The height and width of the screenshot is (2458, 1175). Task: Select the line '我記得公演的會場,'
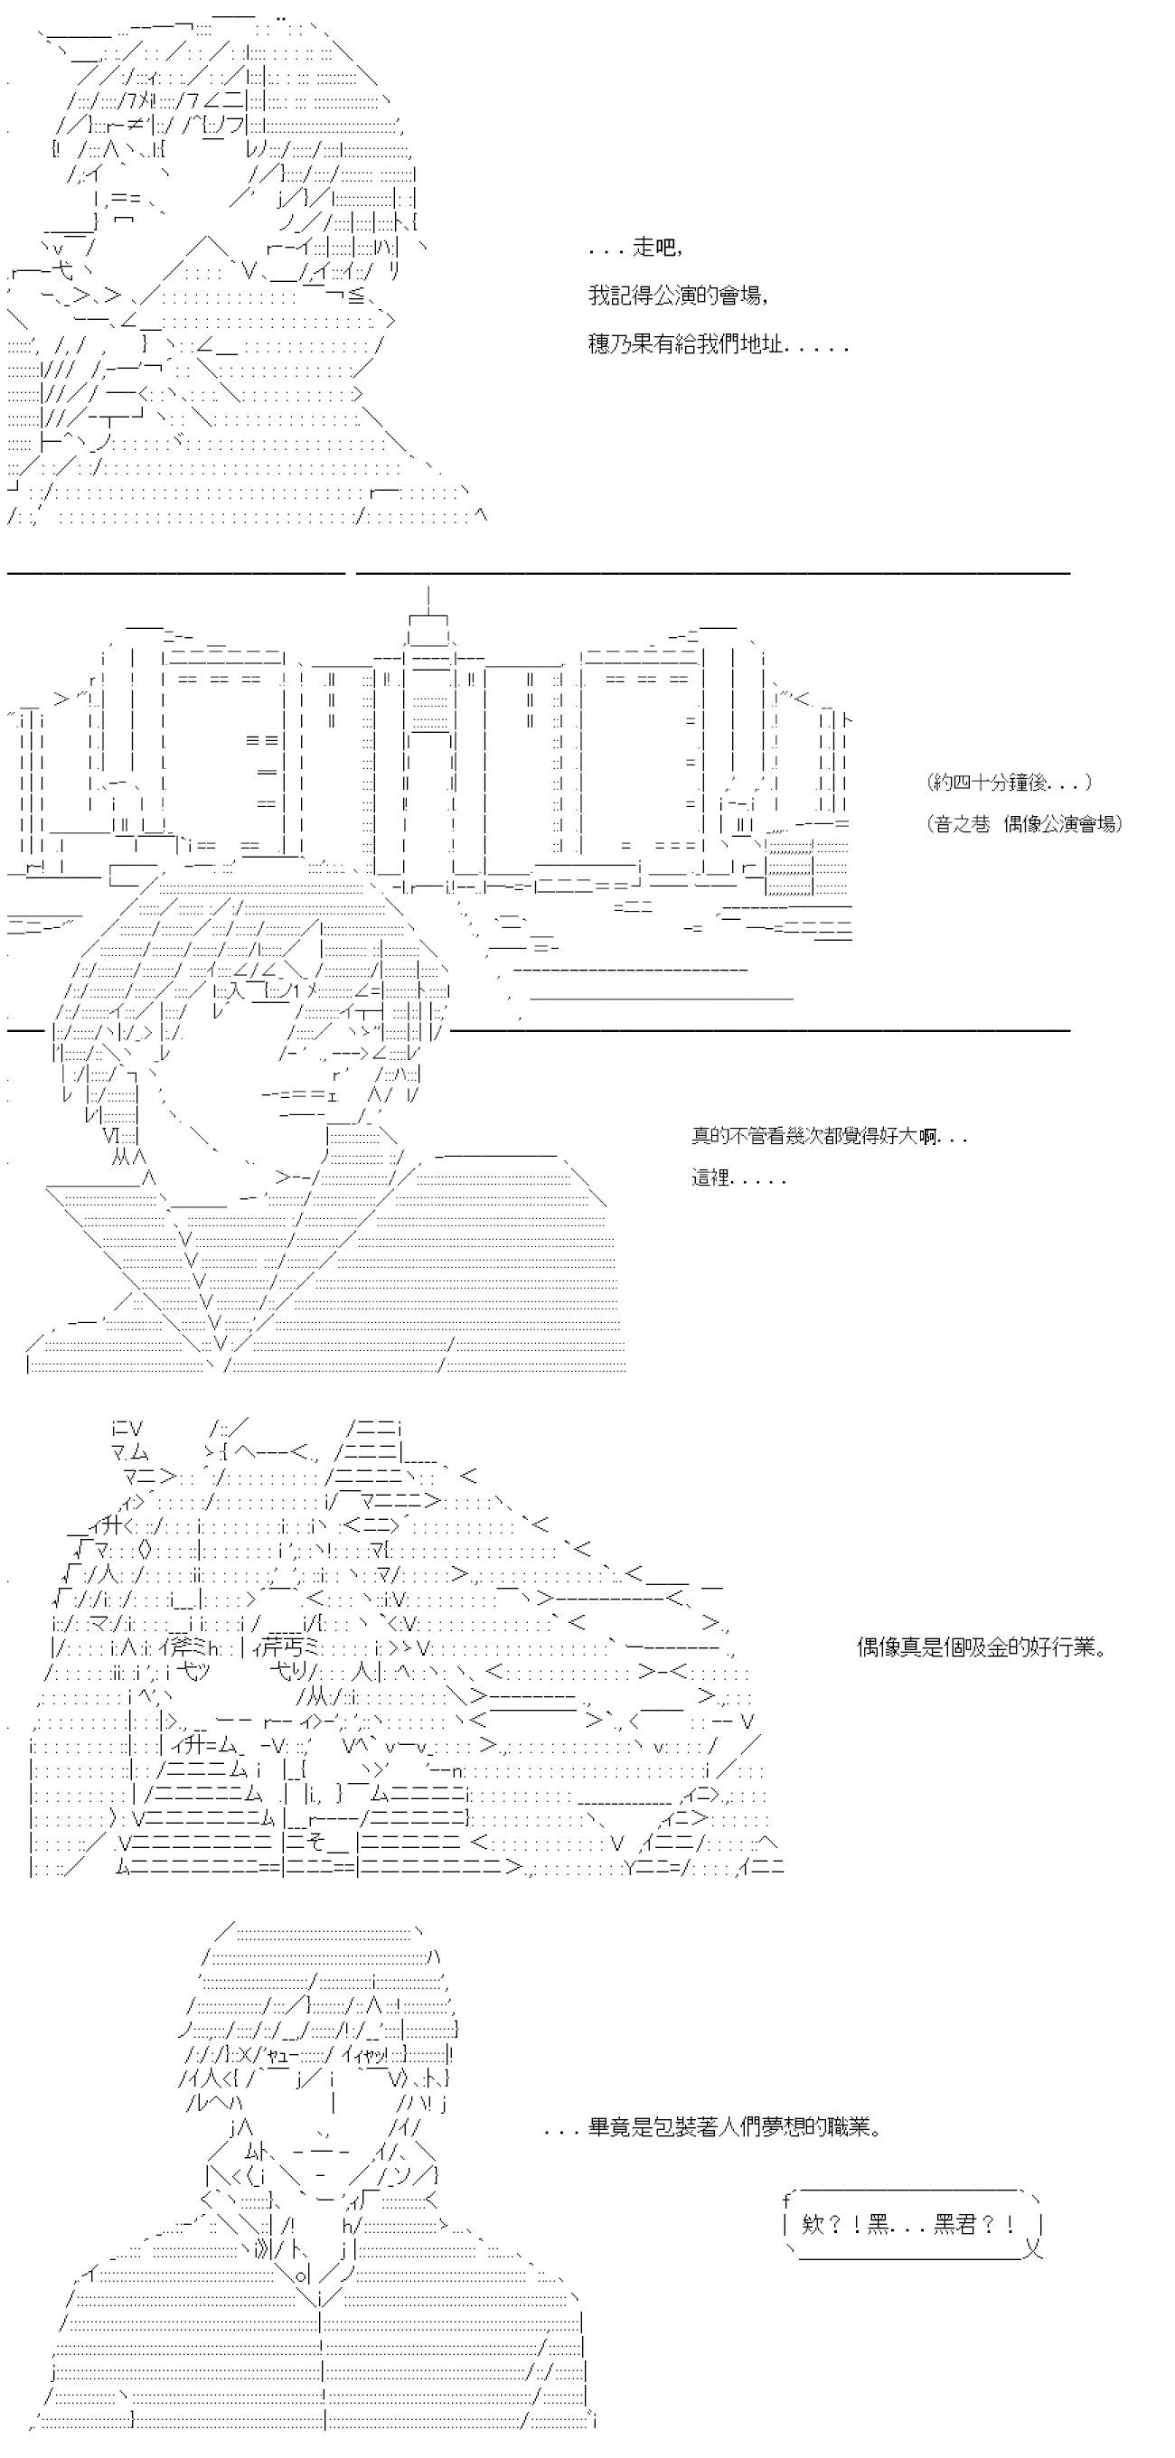(679, 296)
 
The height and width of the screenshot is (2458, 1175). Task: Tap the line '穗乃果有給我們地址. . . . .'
(718, 344)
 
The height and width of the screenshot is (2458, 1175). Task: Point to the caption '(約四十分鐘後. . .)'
(1009, 783)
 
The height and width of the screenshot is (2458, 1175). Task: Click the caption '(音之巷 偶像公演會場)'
(1024, 824)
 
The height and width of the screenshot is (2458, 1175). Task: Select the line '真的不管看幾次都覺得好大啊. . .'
(830, 1137)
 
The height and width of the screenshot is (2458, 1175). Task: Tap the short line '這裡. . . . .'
(738, 1178)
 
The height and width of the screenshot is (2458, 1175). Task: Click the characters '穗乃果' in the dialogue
(620, 344)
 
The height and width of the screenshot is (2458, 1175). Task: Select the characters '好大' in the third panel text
(902, 1137)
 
